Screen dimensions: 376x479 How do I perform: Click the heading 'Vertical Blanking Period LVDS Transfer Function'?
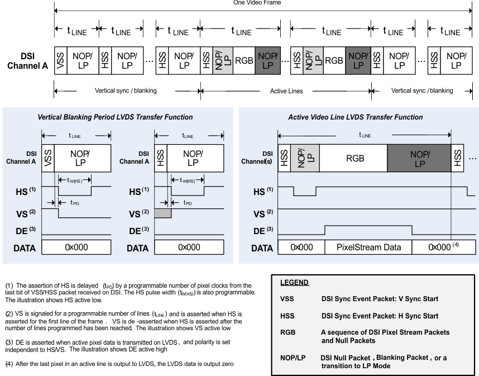click(x=114, y=117)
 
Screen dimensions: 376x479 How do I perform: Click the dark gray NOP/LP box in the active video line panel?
click(x=419, y=158)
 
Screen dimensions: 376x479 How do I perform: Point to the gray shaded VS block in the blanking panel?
click(x=162, y=213)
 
